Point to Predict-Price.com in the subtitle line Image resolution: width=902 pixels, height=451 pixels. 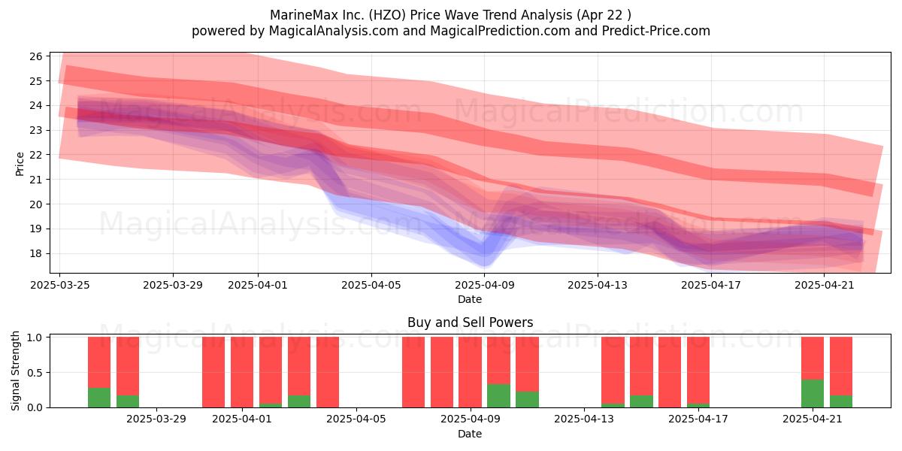pyautogui.click(x=656, y=31)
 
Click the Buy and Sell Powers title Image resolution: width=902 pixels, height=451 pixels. pyautogui.click(x=470, y=322)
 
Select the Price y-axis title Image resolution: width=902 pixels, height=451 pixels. pyautogui.click(x=20, y=164)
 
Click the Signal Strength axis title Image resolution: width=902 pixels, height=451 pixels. pyautogui.click(x=15, y=371)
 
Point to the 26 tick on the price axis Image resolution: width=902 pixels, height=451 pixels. pyautogui.click(x=36, y=56)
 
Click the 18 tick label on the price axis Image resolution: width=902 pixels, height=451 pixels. pyautogui.click(x=36, y=254)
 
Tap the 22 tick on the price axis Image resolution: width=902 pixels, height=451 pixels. pyautogui.click(x=36, y=155)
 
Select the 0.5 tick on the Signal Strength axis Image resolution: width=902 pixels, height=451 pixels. pyautogui.click(x=35, y=373)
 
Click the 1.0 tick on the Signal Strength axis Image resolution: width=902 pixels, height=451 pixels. pyautogui.click(x=35, y=337)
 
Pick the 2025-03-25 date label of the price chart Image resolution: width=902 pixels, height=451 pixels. pyautogui.click(x=60, y=285)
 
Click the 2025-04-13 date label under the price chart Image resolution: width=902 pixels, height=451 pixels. pyautogui.click(x=598, y=285)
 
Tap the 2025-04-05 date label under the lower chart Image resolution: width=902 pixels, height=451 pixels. pyautogui.click(x=356, y=419)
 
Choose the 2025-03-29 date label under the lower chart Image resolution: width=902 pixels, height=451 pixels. pyautogui.click(x=156, y=419)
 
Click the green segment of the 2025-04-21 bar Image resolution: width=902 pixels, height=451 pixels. pyautogui.click(x=813, y=393)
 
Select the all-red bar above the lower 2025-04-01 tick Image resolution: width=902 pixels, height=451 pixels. pyautogui.click(x=242, y=372)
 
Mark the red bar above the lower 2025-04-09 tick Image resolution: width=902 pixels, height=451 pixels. pyautogui.click(x=471, y=372)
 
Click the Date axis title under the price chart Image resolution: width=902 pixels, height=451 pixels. pyautogui.click(x=470, y=299)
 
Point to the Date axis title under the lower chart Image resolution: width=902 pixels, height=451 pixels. pyautogui.click(x=470, y=434)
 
